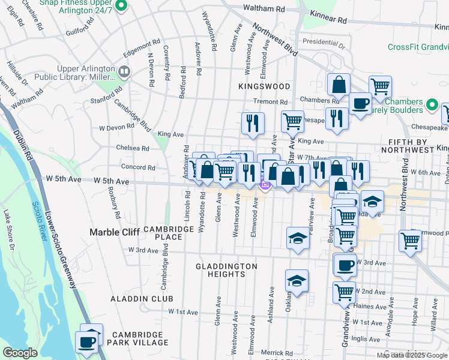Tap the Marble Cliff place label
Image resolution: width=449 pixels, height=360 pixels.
click(x=114, y=232)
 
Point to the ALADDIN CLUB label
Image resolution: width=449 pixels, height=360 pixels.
click(x=142, y=299)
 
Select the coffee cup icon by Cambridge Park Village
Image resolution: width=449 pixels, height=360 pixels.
click(x=86, y=343)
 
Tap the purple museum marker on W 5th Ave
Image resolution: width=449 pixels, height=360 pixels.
click(x=264, y=185)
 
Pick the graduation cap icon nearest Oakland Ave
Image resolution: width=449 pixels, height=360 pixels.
click(x=297, y=280)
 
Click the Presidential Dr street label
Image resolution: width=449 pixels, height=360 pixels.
click(x=324, y=44)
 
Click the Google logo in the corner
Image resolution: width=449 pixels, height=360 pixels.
click(x=20, y=353)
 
